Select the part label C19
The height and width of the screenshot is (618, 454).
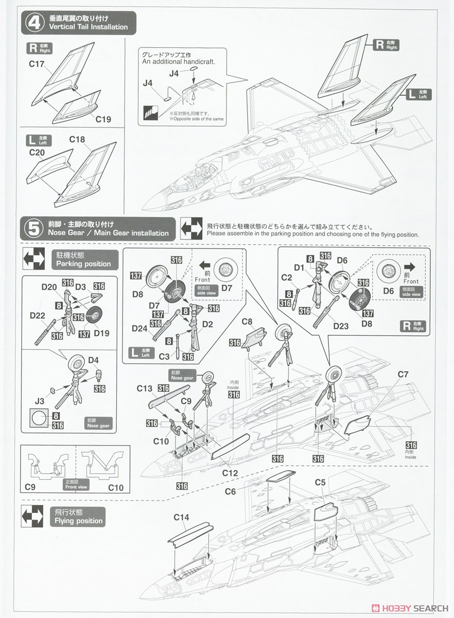tap(102, 119)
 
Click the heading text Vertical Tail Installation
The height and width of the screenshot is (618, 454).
tap(88, 27)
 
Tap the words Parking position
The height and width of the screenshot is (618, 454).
tap(83, 264)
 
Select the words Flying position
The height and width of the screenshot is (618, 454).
tap(79, 521)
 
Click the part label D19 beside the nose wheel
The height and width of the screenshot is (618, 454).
tap(101, 333)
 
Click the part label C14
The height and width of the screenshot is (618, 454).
tap(182, 517)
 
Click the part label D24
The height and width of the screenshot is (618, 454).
tap(140, 328)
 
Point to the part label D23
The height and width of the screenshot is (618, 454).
tap(341, 325)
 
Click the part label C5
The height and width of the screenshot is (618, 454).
tap(320, 483)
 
